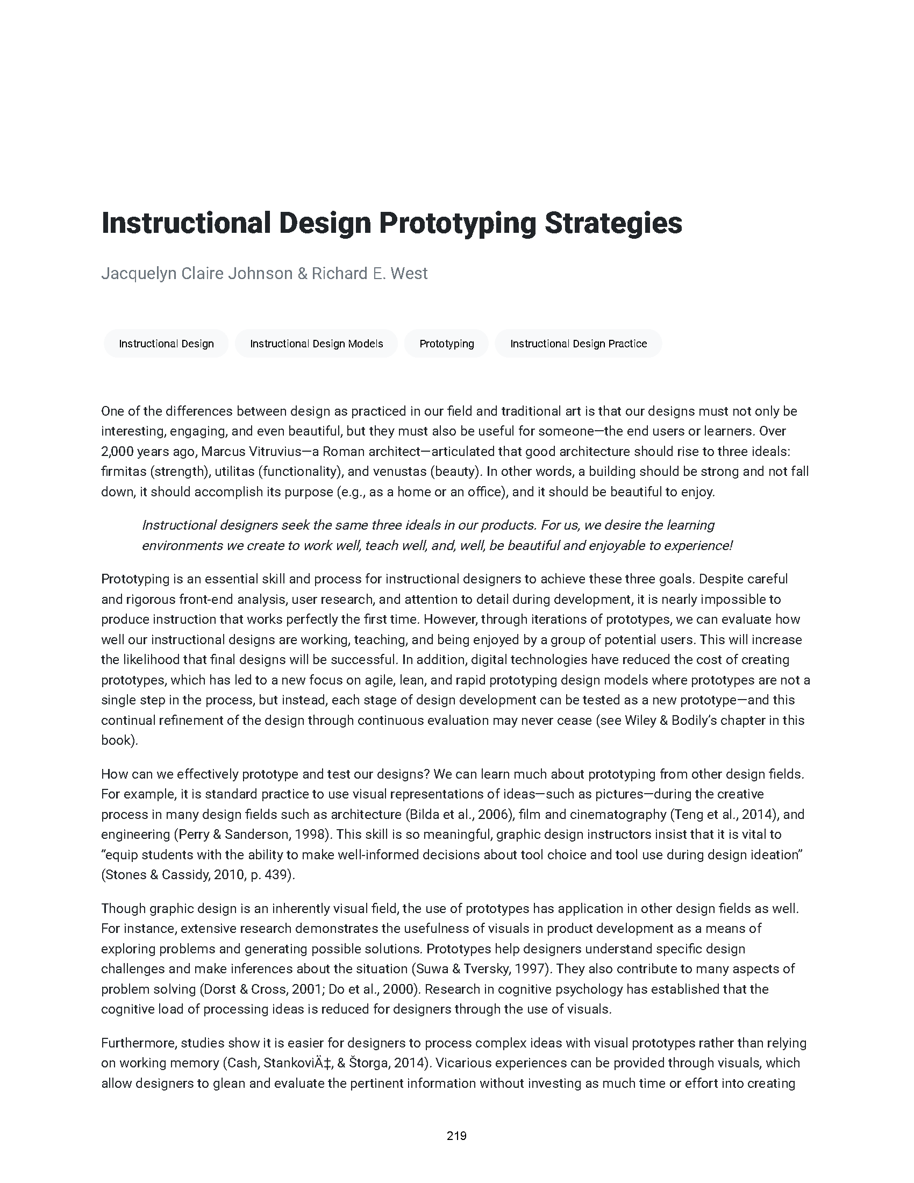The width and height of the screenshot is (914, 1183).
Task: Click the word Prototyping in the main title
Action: click(x=456, y=223)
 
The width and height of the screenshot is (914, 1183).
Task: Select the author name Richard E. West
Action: click(x=369, y=273)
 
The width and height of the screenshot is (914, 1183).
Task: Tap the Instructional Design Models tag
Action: click(x=316, y=344)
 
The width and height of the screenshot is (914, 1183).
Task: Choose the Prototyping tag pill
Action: click(x=446, y=344)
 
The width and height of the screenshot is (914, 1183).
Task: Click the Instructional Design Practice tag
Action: click(x=579, y=344)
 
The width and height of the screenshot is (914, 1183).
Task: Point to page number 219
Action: click(x=456, y=1136)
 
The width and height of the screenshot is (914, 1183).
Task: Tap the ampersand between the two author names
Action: click(x=302, y=273)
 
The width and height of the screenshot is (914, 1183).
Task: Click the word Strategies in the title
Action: click(x=613, y=223)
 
